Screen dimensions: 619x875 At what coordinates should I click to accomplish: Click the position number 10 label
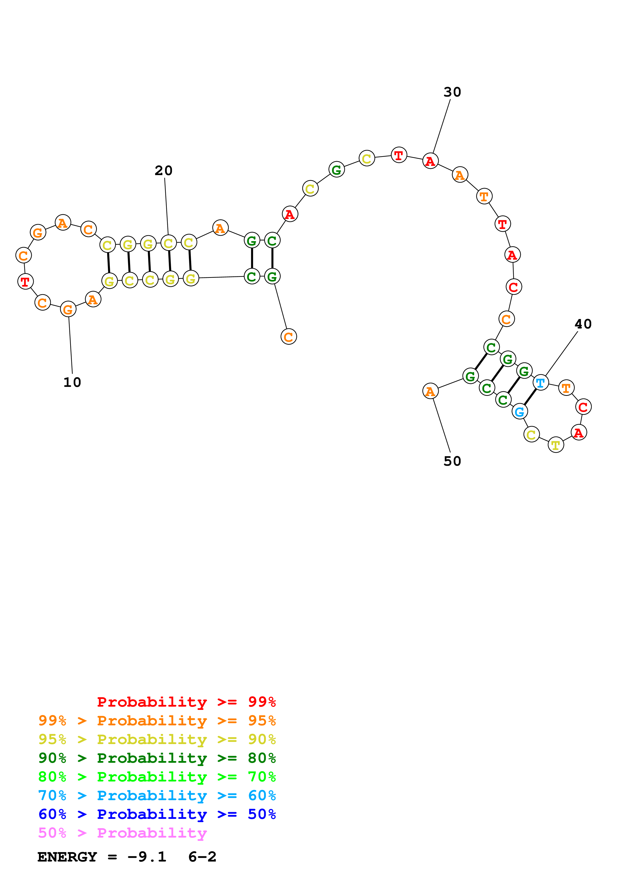[72, 382]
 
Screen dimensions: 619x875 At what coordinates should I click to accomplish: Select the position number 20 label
[164, 170]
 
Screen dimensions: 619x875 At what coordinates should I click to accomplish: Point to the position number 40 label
[583, 324]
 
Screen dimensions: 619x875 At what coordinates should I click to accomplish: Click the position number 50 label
[452, 461]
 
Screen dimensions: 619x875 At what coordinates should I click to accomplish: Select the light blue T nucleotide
[540, 383]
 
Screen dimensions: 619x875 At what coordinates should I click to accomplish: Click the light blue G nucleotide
[519, 412]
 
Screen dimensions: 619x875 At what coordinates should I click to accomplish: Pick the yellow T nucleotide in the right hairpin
[556, 445]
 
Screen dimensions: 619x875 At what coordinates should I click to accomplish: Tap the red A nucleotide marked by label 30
[430, 161]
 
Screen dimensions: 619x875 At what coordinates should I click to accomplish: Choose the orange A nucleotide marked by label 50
[430, 391]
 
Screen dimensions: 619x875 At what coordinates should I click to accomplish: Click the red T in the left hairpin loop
[25, 282]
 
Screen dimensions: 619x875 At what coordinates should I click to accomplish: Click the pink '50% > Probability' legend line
[122, 833]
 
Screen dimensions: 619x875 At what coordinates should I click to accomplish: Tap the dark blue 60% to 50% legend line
[157, 814]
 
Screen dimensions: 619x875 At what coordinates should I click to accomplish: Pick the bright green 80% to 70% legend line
[157, 777]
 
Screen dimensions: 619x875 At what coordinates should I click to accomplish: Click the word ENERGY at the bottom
[67, 857]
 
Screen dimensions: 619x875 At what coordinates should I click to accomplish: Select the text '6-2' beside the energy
[202, 857]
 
